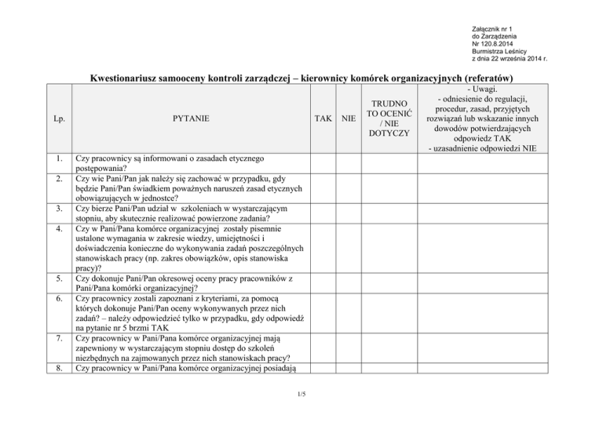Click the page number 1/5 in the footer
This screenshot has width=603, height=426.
point(301,394)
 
